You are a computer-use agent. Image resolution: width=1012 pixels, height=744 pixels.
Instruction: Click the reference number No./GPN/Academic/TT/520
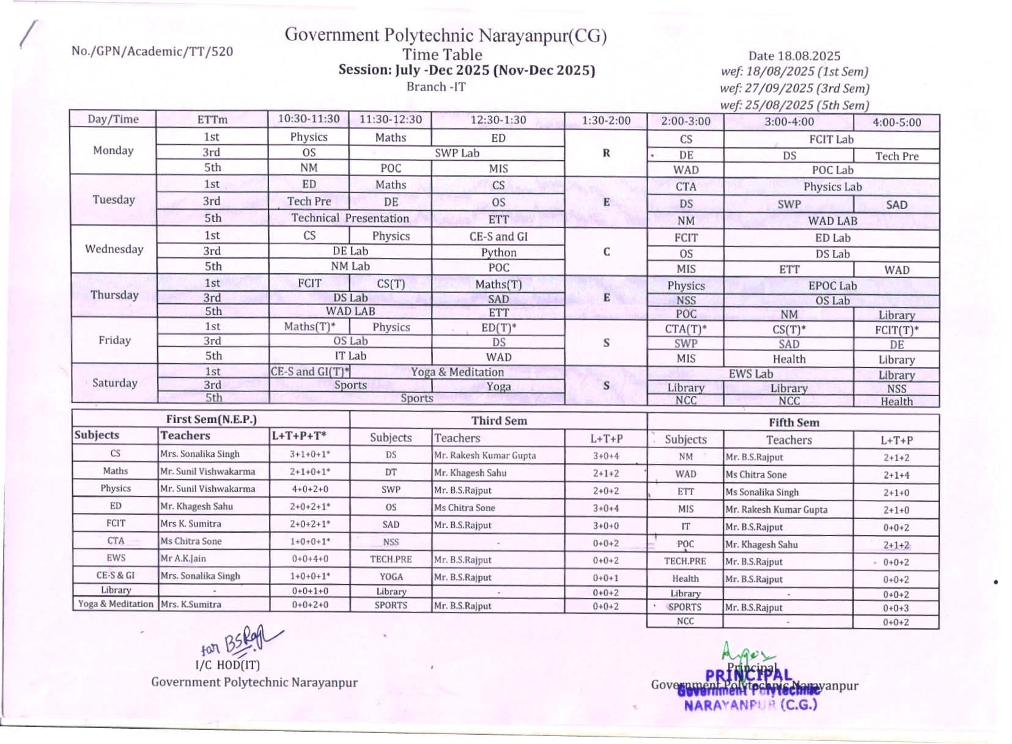pos(152,51)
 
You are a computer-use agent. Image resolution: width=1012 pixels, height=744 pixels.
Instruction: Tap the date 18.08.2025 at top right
pos(794,56)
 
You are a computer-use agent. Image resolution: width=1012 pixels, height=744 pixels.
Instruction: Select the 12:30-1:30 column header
pos(498,120)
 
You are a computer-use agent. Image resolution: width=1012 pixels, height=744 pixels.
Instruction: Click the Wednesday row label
pos(114,249)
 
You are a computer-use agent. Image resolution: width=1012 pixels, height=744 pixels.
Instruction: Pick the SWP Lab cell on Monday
pos(457,153)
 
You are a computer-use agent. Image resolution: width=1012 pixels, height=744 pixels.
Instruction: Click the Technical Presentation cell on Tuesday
pos(350,218)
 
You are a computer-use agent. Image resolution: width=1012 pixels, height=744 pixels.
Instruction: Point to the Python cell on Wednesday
pos(498,252)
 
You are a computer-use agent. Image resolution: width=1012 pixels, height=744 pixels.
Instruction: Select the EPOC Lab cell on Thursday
pos(832,285)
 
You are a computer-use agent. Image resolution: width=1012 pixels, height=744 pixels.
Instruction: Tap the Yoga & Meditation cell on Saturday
pos(457,372)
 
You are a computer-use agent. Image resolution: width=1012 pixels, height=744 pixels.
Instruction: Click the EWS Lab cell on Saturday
pos(750,374)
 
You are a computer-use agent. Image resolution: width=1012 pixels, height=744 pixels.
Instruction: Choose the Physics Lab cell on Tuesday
pos(832,186)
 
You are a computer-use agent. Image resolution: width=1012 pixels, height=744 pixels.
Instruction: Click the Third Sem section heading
pos(498,421)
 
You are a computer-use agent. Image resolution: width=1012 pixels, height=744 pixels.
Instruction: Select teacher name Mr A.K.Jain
pos(183,558)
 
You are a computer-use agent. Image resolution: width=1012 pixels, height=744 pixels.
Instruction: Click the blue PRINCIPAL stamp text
pos(748,676)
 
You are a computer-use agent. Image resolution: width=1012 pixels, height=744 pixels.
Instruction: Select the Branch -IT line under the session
pos(436,87)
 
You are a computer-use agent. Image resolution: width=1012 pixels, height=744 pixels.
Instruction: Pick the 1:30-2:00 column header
pos(605,120)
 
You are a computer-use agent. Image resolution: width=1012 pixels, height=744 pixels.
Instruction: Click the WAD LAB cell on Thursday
pos(350,311)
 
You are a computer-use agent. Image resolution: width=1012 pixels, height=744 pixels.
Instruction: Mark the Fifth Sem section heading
pos(793,422)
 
